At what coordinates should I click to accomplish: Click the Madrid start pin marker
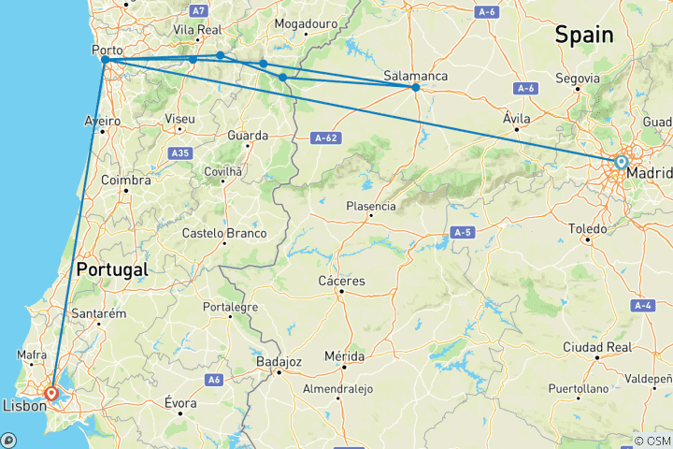pyautogui.click(x=621, y=163)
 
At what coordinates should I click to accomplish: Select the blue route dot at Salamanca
pyautogui.click(x=416, y=87)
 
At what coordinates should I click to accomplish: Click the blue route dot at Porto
pyautogui.click(x=106, y=60)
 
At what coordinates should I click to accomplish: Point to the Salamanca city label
pyautogui.click(x=416, y=76)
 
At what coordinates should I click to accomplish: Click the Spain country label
pyautogui.click(x=584, y=36)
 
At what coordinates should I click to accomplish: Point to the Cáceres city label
pyautogui.click(x=343, y=281)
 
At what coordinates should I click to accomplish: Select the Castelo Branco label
pyautogui.click(x=224, y=233)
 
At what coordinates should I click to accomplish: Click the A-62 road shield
pyautogui.click(x=324, y=138)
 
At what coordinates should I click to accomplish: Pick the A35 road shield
pyautogui.click(x=179, y=152)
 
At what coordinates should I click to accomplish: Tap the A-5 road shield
pyautogui.click(x=461, y=231)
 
